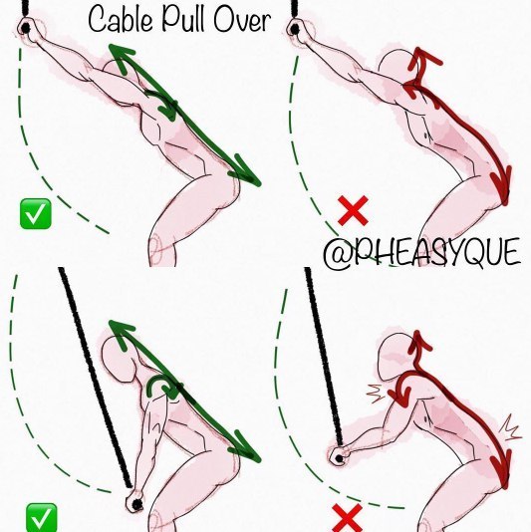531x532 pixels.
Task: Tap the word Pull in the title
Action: (183, 19)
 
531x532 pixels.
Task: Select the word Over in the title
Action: (242, 20)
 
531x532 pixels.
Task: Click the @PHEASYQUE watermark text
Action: (421, 252)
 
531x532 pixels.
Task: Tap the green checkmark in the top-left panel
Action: (36, 214)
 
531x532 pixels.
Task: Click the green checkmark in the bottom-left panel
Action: (42, 518)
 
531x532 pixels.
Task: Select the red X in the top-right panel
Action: (353, 210)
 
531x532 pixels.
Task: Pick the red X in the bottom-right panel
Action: (347, 518)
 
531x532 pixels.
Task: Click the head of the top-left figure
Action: (117, 71)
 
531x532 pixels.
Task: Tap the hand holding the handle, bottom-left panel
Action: (135, 502)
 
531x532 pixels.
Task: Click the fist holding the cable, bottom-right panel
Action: (340, 456)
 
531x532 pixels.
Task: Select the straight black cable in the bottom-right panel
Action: (324, 357)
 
